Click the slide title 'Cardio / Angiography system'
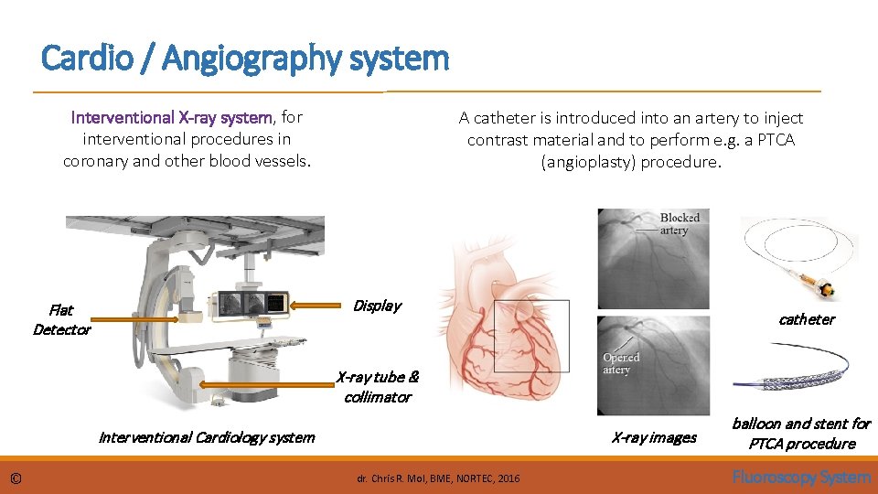tap(245, 59)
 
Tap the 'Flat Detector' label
tap(61, 319)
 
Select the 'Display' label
tap(377, 306)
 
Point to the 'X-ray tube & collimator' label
tap(378, 387)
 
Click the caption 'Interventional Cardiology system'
tap(206, 437)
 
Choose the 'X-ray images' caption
tap(654, 437)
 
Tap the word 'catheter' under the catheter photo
tap(806, 319)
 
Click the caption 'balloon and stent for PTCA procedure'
tap(801, 434)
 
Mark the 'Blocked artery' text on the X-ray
tap(680, 224)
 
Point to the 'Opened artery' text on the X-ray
tap(621, 363)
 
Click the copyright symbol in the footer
tap(16, 478)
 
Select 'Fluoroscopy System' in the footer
tap(801, 477)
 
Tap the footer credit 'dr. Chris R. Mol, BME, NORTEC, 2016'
tap(438, 478)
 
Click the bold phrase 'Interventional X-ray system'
tap(172, 117)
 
